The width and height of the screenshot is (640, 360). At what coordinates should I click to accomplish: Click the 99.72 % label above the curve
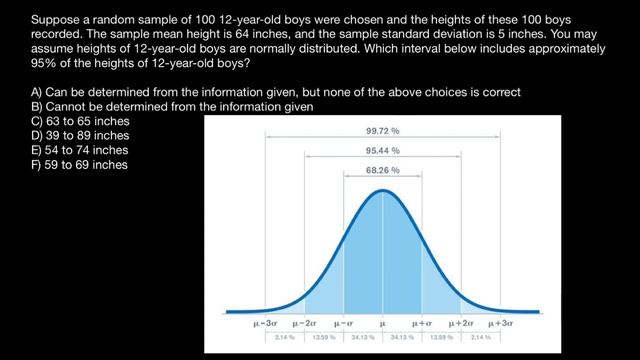(x=382, y=130)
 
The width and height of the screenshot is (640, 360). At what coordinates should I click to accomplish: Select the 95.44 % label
(x=382, y=150)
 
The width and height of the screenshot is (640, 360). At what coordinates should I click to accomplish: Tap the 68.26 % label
(x=382, y=170)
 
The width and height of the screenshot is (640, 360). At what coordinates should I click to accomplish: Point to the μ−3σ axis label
(x=266, y=324)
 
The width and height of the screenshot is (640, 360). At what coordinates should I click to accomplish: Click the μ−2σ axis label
(x=305, y=324)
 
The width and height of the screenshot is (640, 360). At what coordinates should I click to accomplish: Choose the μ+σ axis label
(x=422, y=324)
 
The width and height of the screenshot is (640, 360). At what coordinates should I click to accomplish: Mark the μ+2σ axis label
(x=461, y=324)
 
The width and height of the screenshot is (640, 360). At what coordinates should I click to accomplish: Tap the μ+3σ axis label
(x=500, y=324)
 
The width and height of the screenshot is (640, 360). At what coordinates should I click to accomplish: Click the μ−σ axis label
(x=344, y=324)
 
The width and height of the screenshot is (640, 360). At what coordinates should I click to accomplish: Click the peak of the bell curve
(x=382, y=189)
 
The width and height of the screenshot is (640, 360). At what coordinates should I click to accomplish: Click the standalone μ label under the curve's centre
(x=382, y=324)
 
